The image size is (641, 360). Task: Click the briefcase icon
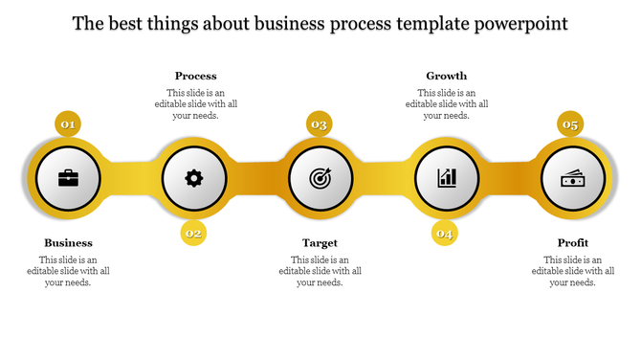click(x=69, y=178)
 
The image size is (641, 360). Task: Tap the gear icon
click(x=194, y=178)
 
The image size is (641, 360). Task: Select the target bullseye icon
click(x=320, y=178)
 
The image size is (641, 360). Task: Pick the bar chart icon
click(x=447, y=178)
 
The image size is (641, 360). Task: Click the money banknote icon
click(x=573, y=178)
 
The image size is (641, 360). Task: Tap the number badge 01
click(x=68, y=124)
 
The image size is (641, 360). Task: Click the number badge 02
click(x=194, y=233)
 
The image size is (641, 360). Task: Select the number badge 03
click(x=320, y=124)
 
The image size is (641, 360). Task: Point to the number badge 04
click(x=445, y=233)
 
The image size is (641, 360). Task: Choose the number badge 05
click(x=571, y=124)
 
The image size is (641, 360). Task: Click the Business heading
click(x=69, y=243)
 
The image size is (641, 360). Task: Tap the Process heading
click(x=195, y=76)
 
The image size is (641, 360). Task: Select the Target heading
click(x=320, y=243)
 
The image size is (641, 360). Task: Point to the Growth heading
click(x=446, y=76)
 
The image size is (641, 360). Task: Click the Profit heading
click(x=572, y=243)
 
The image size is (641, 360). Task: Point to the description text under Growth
click(x=447, y=103)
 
